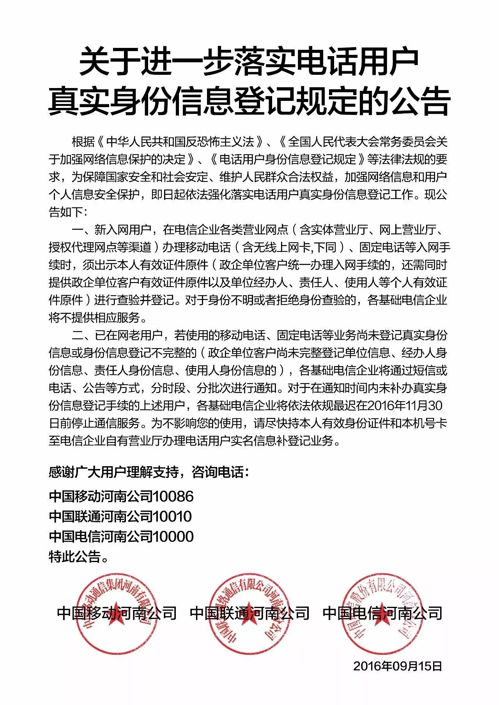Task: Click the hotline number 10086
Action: (173, 496)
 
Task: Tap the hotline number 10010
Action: (172, 516)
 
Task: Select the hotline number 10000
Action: (173, 536)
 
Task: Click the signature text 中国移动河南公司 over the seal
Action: (117, 613)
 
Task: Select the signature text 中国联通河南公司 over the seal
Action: (249, 613)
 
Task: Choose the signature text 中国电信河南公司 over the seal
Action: (382, 613)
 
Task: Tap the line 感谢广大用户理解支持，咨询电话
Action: (148, 472)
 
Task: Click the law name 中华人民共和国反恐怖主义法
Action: (180, 142)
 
